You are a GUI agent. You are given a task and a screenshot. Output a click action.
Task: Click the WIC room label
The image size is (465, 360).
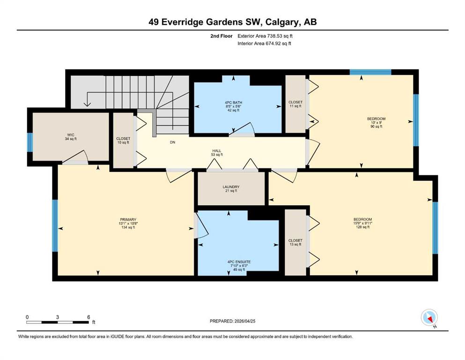pyautogui.click(x=71, y=135)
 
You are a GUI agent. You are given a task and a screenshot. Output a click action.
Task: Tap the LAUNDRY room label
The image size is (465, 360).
pyautogui.click(x=231, y=187)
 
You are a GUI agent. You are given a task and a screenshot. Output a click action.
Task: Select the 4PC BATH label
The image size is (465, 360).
pyautogui.click(x=233, y=103)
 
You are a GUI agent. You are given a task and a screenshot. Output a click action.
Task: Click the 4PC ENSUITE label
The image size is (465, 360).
pyautogui.click(x=239, y=262)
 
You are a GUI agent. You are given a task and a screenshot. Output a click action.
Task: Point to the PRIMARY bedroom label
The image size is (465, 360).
pyautogui.click(x=128, y=220)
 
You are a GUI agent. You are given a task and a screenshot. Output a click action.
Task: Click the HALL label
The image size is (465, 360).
pyautogui.click(x=217, y=151)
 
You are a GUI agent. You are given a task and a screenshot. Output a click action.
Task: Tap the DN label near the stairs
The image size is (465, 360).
pyautogui.click(x=173, y=142)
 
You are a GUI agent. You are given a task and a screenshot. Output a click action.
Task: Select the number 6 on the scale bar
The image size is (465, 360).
pyautogui.click(x=89, y=317)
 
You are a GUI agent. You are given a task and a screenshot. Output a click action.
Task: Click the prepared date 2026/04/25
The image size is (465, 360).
pyautogui.click(x=245, y=321)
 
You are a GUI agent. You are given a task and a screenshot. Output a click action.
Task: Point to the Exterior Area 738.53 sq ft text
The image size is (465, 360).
pyautogui.click(x=265, y=36)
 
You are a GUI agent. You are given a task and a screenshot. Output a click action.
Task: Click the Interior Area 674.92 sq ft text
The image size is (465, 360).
pyautogui.click(x=264, y=43)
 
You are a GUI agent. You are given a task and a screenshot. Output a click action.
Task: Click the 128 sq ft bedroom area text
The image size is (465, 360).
pyautogui.click(x=363, y=227)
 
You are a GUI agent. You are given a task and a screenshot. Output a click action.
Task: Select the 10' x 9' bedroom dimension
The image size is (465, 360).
pyautogui.click(x=376, y=122)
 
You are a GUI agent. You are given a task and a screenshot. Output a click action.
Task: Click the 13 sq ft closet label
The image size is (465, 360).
pyautogui.click(x=295, y=244)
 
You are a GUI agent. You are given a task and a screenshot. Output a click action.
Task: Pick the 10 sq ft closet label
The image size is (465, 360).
pyautogui.click(x=123, y=142)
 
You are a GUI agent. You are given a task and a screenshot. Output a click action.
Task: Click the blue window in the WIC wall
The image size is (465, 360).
pyautogui.click(x=30, y=142)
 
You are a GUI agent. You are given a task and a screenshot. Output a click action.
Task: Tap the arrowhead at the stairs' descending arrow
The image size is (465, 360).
pyautogui.click(x=87, y=104)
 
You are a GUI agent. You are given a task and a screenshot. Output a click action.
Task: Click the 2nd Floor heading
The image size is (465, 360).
pyautogui.click(x=221, y=36)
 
